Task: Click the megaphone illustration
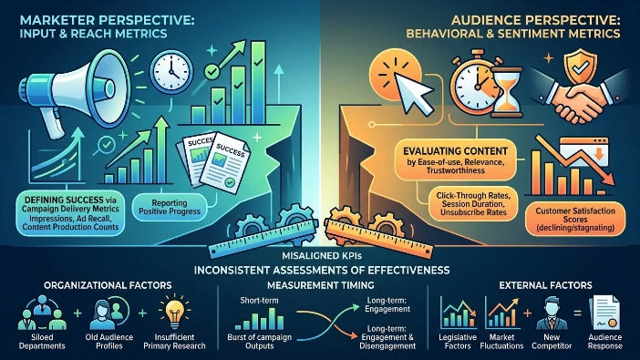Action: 74,92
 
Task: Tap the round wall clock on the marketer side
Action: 171,72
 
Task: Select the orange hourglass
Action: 506,92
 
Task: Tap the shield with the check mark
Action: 580,66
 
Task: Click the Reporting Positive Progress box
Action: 170,208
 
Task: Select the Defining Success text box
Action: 70,213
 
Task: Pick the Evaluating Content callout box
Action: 455,160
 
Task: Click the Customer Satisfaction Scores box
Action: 575,219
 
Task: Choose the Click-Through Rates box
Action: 473,203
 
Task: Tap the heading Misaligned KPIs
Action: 322,256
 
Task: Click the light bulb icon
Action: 175,313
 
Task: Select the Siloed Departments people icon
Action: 42,313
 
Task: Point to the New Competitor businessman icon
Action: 552,313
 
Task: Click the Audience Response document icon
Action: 604,313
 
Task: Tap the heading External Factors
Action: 545,285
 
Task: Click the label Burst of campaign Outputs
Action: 260,341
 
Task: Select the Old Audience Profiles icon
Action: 109,313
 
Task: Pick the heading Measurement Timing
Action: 320,285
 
